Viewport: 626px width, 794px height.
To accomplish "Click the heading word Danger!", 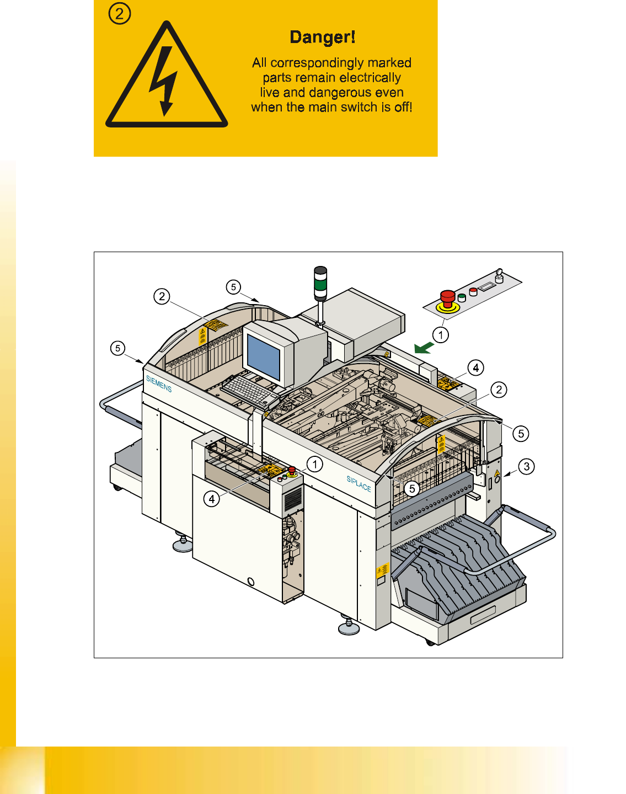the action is click(x=323, y=37).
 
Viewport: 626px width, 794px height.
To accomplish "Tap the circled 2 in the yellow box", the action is click(x=120, y=13).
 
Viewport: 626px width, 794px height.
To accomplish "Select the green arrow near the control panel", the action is click(x=424, y=347).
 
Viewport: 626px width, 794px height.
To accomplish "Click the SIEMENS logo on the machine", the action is click(x=159, y=383).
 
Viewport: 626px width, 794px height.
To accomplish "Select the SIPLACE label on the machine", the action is click(x=359, y=483).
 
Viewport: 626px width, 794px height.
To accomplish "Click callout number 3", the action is click(x=527, y=466).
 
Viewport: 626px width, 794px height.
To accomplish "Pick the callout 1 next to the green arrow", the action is click(x=440, y=334).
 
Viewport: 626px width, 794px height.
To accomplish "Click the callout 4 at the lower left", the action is click(x=212, y=499).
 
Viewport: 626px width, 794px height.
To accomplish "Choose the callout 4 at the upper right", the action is click(x=475, y=367).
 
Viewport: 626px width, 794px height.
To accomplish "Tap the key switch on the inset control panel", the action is click(x=499, y=275).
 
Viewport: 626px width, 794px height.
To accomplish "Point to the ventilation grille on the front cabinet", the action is click(x=292, y=499).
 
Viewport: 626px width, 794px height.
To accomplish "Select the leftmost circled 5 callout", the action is click(x=117, y=348).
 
